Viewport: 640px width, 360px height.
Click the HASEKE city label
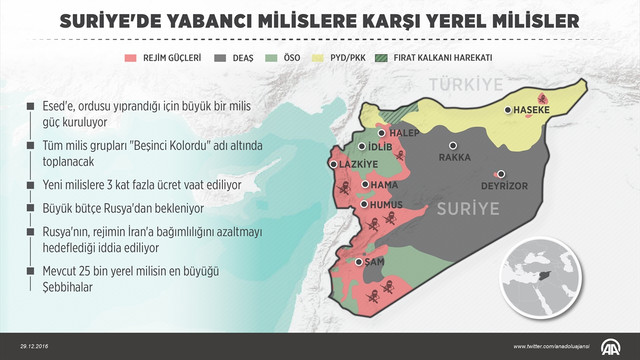point(534,112)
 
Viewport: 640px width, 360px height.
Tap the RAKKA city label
point(454,157)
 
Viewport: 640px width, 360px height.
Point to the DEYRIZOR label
point(505,184)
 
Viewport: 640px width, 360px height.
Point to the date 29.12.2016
point(25,347)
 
